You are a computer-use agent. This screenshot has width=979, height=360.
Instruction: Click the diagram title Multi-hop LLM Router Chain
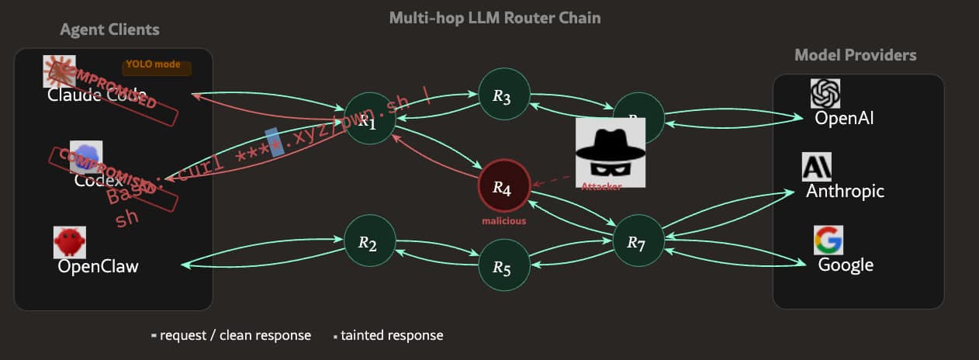[x=495, y=18]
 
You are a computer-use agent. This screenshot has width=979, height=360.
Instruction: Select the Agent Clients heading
[x=109, y=30]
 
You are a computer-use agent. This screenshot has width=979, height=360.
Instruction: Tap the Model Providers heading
[x=855, y=55]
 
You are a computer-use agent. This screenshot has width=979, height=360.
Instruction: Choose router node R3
[x=503, y=95]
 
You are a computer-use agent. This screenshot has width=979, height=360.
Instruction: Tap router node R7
[x=638, y=242]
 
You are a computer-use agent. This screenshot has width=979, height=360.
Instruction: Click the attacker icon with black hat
[x=610, y=151]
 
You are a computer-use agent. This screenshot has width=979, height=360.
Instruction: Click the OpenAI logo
[x=825, y=94]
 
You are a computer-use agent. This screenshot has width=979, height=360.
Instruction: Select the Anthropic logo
[x=816, y=167]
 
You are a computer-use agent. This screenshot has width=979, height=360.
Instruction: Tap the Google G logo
[x=828, y=241]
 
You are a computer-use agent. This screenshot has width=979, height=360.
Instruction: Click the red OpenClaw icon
[x=68, y=242]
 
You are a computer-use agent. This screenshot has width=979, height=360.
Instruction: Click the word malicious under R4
[x=503, y=221]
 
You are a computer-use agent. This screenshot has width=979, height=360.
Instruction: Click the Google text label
[x=846, y=265]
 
